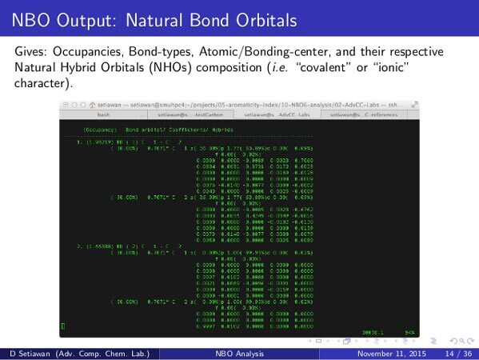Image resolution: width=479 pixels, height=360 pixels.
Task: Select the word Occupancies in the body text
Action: coord(84,51)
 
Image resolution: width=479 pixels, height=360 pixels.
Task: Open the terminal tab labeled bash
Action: coord(104,114)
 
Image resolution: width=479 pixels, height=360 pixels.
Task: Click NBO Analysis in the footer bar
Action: coord(239,353)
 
